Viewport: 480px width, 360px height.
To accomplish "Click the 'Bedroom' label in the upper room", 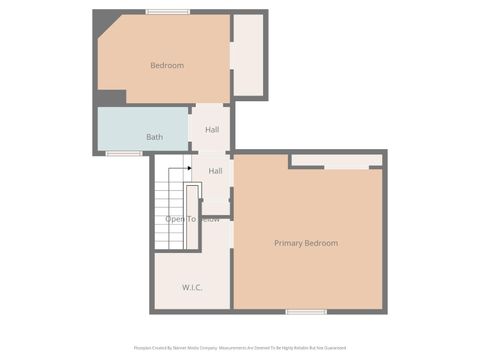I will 167,66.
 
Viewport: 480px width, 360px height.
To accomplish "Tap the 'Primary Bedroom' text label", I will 306,243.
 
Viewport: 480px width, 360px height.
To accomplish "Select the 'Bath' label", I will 154,137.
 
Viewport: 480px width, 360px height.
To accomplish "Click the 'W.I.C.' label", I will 192,287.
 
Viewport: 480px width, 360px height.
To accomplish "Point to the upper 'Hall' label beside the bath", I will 212,130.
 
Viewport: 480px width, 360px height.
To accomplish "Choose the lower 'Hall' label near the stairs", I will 215,171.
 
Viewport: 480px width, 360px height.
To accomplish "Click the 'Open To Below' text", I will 192,219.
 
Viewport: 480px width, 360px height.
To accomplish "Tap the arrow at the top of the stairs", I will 187,169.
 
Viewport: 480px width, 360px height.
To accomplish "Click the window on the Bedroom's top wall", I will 168,12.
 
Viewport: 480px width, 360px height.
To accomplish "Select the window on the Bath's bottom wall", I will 123,153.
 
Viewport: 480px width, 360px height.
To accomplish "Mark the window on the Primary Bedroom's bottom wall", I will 306,312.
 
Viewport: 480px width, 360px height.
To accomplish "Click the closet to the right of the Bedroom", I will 248,55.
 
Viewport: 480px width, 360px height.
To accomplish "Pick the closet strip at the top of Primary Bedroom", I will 336,161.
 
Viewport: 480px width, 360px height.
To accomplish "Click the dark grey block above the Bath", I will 111,97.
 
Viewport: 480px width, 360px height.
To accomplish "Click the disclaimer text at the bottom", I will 239,348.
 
